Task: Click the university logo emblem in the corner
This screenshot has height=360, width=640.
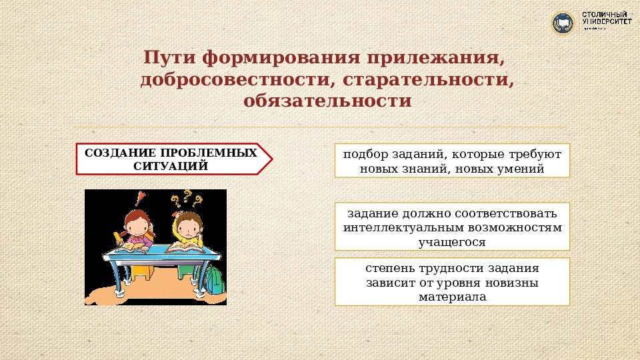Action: [563, 23]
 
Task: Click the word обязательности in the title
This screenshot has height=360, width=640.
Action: [327, 101]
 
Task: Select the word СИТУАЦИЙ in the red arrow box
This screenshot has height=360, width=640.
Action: [171, 165]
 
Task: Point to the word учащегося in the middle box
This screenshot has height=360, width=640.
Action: [452, 242]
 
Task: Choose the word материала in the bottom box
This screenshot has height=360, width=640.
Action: [452, 297]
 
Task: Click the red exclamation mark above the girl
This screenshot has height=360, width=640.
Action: [139, 199]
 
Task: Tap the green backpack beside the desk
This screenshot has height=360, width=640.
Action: [215, 279]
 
